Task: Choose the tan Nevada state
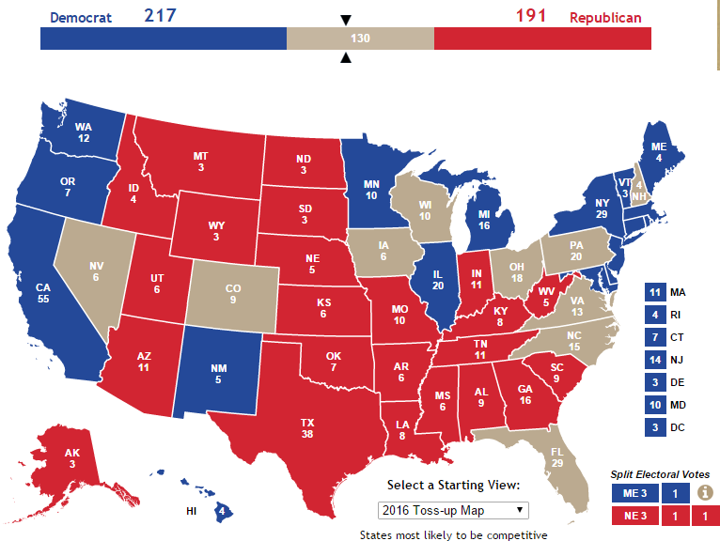94,271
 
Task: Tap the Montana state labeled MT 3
200,161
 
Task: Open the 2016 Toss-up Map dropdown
453,510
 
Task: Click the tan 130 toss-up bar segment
360,39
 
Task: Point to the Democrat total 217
159,16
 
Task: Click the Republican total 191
531,16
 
